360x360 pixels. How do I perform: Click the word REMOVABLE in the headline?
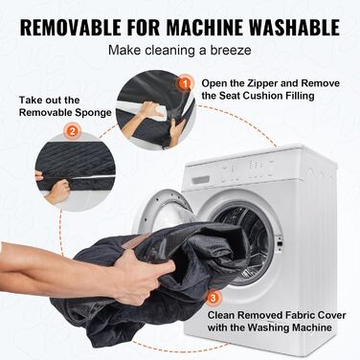click(71, 28)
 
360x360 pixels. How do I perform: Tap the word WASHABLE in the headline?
click(294, 28)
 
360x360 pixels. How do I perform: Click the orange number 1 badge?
click(184, 83)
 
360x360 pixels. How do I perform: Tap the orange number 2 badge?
click(72, 131)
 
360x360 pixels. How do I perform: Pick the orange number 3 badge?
click(214, 298)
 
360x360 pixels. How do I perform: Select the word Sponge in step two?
click(94, 113)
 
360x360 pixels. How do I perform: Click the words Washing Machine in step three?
click(289, 327)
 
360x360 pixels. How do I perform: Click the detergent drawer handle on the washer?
click(200, 180)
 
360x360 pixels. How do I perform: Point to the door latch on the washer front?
click(280, 240)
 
